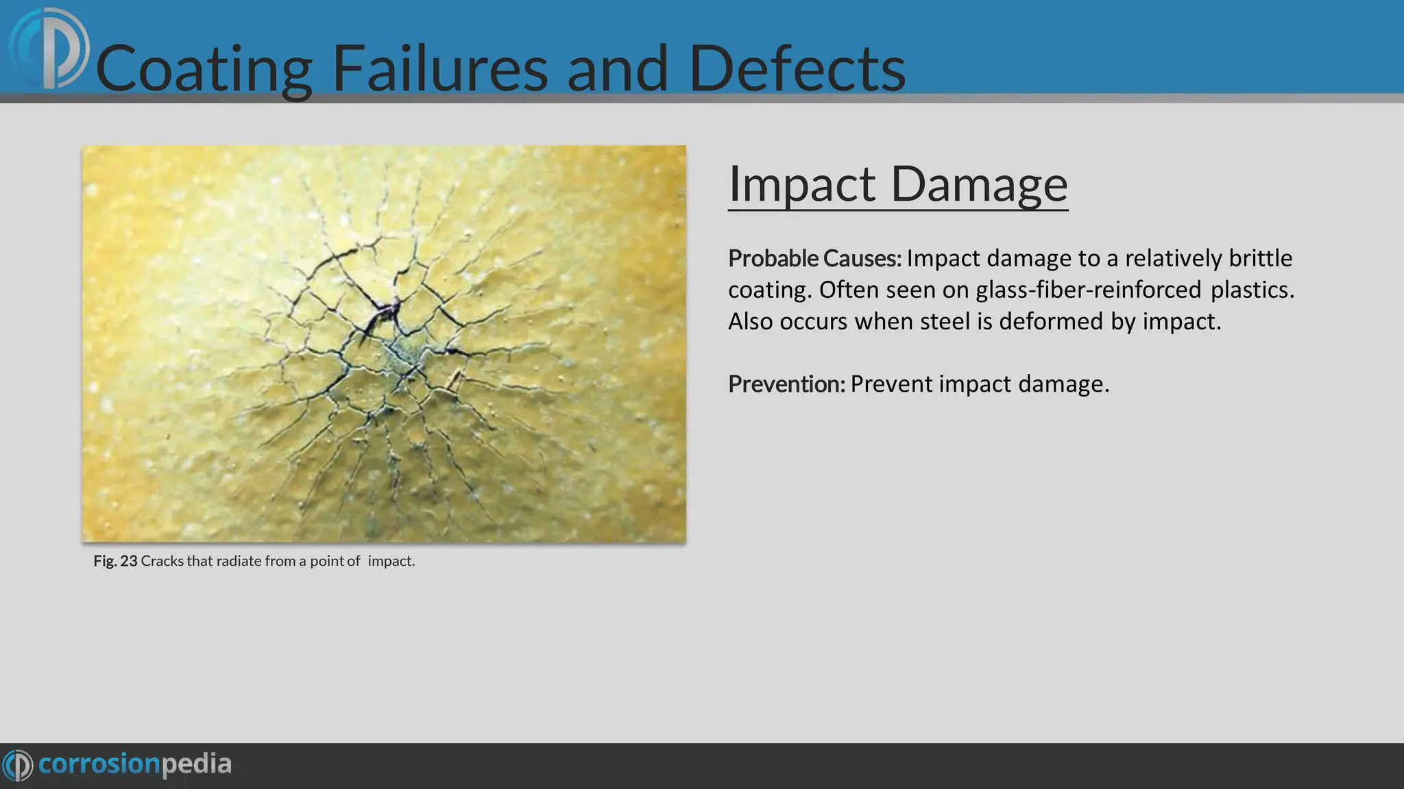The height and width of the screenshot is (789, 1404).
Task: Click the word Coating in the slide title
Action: pyautogui.click(x=204, y=68)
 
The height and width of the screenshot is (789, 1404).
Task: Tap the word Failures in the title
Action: pyautogui.click(x=439, y=68)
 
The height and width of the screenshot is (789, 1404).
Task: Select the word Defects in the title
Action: pyautogui.click(x=797, y=68)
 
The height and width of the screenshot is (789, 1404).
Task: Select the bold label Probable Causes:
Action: pyautogui.click(x=814, y=258)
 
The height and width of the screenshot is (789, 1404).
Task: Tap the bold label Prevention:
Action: pyautogui.click(x=786, y=384)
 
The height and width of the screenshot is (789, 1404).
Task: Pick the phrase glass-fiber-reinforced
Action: pyautogui.click(x=1089, y=290)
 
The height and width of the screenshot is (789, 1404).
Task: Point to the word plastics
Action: pyautogui.click(x=1252, y=290)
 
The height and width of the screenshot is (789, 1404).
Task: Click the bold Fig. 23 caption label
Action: pyautogui.click(x=115, y=561)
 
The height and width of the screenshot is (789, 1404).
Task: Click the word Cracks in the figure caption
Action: pyautogui.click(x=162, y=561)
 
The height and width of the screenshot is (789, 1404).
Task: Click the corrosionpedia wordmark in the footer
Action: pyautogui.click(x=135, y=764)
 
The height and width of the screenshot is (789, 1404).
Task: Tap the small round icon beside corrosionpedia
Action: pyautogui.click(x=18, y=765)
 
